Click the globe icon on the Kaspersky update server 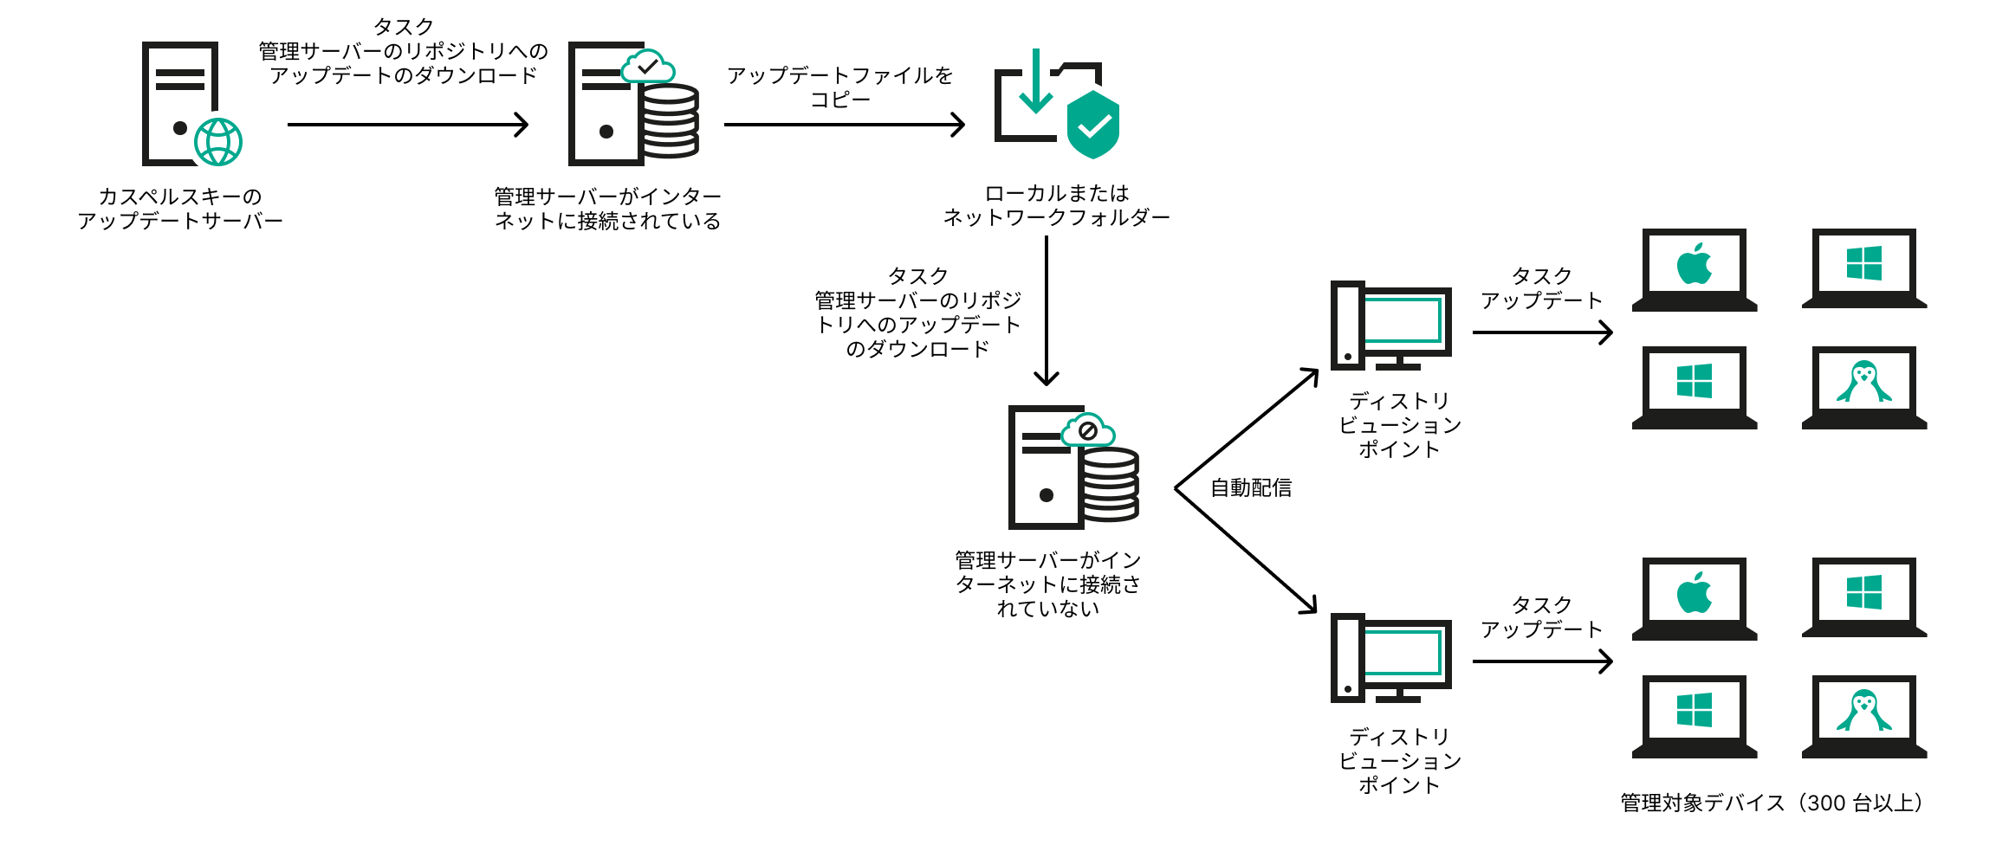click(217, 142)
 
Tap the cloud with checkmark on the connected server click(648, 67)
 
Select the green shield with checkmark click(1093, 126)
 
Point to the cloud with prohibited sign click(1088, 430)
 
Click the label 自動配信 click(1250, 488)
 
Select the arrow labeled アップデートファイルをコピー click(844, 125)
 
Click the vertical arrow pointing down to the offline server click(1047, 312)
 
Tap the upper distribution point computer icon click(1390, 326)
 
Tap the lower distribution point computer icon click(1390, 658)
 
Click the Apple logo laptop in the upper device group click(1695, 269)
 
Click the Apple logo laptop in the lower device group click(1695, 598)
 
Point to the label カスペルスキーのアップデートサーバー click(180, 209)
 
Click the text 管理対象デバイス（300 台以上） click(1772, 803)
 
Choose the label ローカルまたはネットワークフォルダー click(1056, 205)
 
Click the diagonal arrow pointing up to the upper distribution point click(1247, 429)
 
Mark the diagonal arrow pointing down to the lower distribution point click(1247, 551)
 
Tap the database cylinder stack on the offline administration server click(1110, 485)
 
